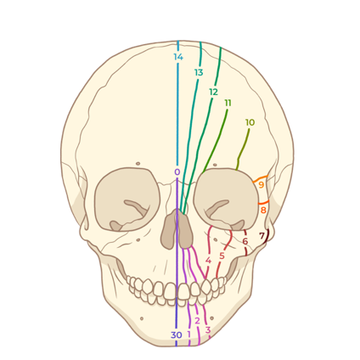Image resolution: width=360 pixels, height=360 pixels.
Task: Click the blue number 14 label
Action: pyautogui.click(x=178, y=57)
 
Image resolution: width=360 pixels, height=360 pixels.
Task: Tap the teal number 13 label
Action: pyautogui.click(x=199, y=73)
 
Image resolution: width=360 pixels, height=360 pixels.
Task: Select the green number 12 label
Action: pyautogui.click(x=214, y=92)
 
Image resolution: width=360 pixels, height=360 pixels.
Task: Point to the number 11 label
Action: pyautogui.click(x=228, y=103)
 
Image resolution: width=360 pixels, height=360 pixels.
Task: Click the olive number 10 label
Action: pyautogui.click(x=250, y=122)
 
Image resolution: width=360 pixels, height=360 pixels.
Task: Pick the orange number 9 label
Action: pyautogui.click(x=262, y=185)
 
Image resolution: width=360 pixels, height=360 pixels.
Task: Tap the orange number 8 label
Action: pyautogui.click(x=263, y=211)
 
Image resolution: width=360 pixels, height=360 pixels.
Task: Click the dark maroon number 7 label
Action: pyautogui.click(x=262, y=235)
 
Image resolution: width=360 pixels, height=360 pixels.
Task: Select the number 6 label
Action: pyautogui.click(x=245, y=241)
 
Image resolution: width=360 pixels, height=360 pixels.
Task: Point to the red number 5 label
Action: pyautogui.click(x=222, y=256)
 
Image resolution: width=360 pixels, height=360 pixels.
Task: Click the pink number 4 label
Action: pyautogui.click(x=208, y=261)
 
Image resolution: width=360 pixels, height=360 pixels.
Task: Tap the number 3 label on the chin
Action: pyautogui.click(x=208, y=330)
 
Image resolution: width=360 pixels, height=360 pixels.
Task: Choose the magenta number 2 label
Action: pyautogui.click(x=197, y=321)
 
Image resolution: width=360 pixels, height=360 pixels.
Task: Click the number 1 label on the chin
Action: pyautogui.click(x=188, y=335)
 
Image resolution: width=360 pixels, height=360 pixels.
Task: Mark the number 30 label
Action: pyautogui.click(x=177, y=335)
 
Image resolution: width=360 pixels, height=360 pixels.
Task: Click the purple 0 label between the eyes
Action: pyautogui.click(x=177, y=172)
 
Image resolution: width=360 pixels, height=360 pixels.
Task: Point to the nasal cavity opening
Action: pyautogui.click(x=177, y=230)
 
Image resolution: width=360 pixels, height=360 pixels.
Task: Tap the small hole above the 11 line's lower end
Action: pyautogui.click(x=215, y=165)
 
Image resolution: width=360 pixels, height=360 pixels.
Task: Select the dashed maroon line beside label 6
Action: pyautogui.click(x=245, y=243)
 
